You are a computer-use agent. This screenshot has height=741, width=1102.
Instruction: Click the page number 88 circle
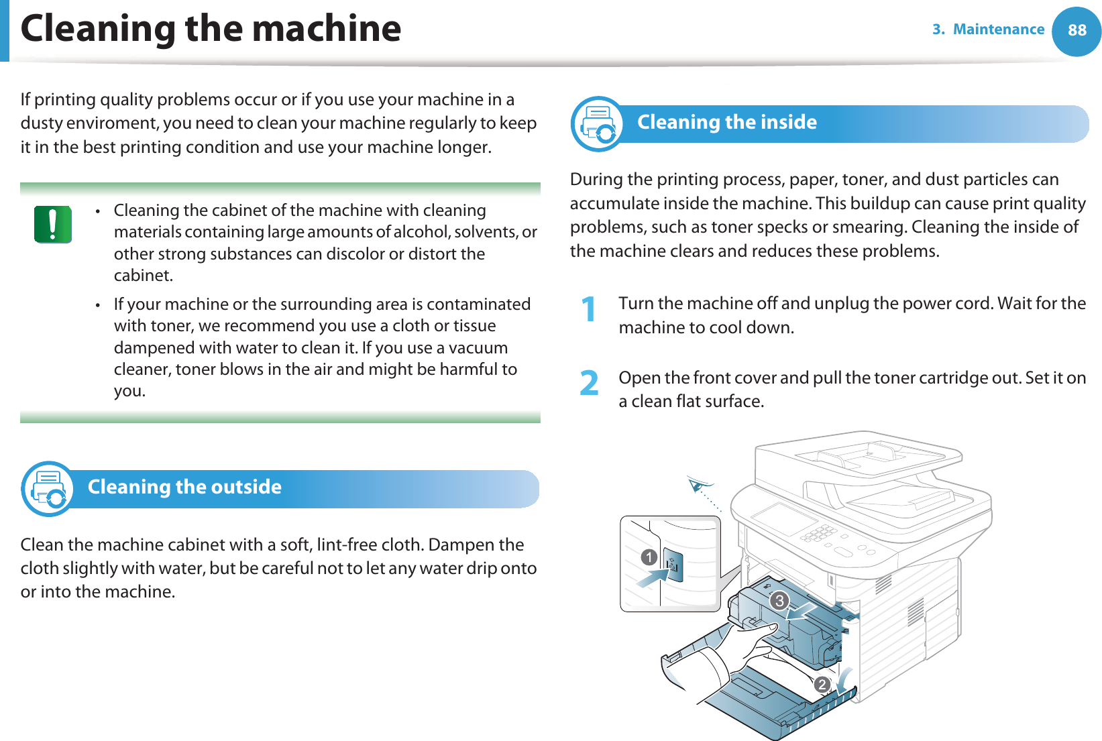click(x=1077, y=30)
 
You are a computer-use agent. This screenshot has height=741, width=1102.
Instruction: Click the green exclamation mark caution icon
click(x=53, y=224)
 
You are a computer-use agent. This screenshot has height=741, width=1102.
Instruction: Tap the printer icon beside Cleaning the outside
click(x=48, y=489)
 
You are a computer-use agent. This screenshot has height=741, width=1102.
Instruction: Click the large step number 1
click(x=588, y=310)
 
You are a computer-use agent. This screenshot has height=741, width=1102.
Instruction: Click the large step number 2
click(x=589, y=384)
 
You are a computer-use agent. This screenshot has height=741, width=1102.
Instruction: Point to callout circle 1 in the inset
click(x=649, y=557)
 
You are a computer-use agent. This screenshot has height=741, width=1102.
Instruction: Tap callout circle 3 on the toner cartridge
click(x=779, y=600)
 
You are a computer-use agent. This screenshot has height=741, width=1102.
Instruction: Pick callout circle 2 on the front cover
click(x=822, y=685)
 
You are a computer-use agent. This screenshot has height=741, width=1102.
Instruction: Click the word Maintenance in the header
click(x=998, y=30)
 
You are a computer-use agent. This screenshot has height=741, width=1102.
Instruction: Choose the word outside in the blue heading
click(x=247, y=487)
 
